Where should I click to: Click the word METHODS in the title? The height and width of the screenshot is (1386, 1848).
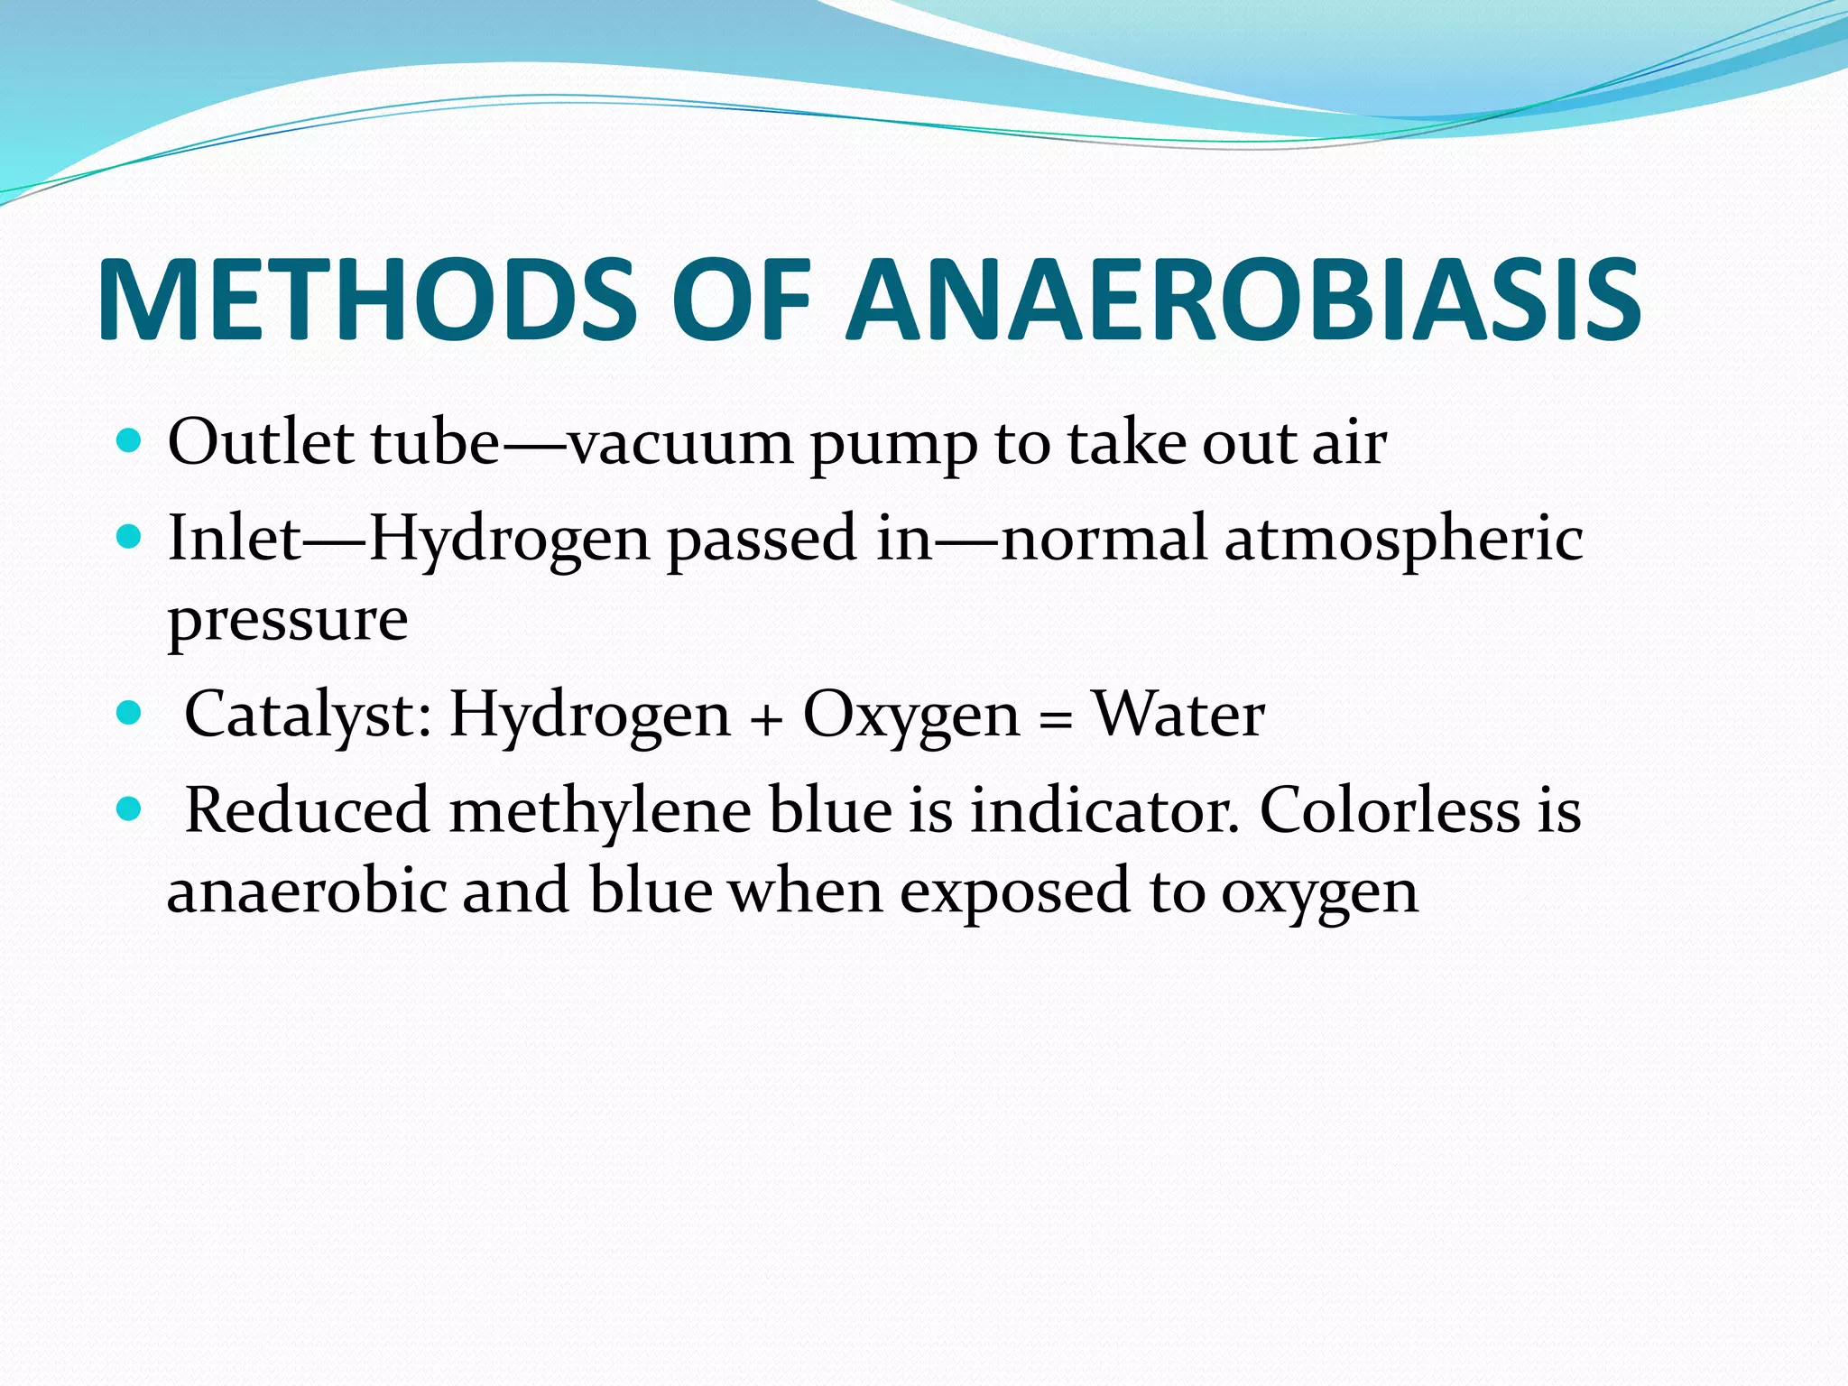(365, 300)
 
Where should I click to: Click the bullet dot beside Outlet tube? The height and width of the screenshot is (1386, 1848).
(130, 441)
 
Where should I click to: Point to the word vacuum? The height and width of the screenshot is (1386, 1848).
(681, 444)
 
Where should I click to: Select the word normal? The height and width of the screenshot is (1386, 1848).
(1104, 539)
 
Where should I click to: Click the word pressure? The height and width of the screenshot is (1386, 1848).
(288, 621)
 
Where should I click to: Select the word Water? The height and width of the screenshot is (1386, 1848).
(1178, 715)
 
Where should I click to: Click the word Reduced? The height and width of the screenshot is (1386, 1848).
(307, 809)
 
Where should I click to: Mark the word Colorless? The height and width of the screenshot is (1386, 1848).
(1390, 809)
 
